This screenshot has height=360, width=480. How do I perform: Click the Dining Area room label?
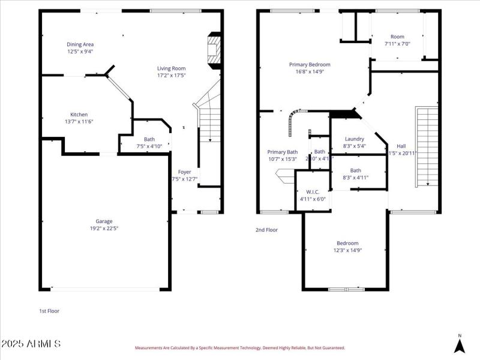[x=80, y=44]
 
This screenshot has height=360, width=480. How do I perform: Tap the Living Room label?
[x=171, y=68]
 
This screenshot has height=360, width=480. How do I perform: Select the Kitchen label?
[x=79, y=115]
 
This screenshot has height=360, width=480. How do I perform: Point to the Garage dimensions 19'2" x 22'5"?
[x=104, y=228]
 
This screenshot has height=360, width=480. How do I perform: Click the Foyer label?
[x=184, y=172]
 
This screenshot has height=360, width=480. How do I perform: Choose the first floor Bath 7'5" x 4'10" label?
[x=149, y=139]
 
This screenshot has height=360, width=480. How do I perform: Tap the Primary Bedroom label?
[x=310, y=65]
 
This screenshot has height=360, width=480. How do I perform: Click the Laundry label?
[x=355, y=139]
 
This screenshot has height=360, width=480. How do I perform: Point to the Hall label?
[x=401, y=146]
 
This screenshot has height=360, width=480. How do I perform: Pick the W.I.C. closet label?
[x=312, y=192]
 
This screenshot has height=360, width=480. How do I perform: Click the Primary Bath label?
[x=282, y=152]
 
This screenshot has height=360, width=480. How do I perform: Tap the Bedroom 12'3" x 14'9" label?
[x=347, y=243]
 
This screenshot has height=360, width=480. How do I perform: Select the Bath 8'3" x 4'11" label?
[x=356, y=170]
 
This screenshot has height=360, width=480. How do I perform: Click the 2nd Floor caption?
[x=266, y=230]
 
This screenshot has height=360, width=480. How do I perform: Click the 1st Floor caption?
[x=49, y=311]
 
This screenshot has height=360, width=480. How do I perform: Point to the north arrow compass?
[x=460, y=344]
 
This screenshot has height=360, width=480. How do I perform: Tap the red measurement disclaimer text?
[x=239, y=347]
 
